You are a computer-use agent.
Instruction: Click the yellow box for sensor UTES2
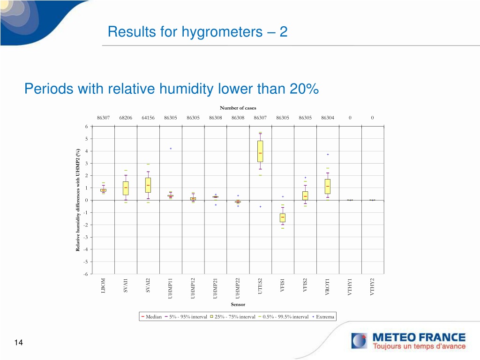[260, 151]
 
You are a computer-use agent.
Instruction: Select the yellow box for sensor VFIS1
[283, 217]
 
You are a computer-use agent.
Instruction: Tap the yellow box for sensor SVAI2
[148, 185]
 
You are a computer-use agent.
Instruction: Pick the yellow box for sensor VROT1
[328, 187]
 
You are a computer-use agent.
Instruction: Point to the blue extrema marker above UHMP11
[171, 149]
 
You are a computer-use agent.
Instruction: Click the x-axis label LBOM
[103, 285]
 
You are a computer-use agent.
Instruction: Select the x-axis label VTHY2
[372, 287]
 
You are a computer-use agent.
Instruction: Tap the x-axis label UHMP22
[238, 288]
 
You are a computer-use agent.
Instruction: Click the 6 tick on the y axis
[86, 127]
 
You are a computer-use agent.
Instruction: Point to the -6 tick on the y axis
[86, 274]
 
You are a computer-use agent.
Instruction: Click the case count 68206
[126, 118]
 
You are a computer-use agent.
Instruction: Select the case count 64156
[148, 118]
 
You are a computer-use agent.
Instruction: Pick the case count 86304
[328, 118]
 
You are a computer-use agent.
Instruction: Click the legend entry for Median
[151, 317]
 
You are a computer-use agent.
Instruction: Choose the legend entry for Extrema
[323, 317]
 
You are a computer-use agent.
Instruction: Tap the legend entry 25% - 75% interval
[232, 317]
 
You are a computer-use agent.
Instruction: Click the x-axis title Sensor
[238, 304]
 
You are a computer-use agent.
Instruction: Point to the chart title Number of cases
[238, 108]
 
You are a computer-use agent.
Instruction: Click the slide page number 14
[18, 342]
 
